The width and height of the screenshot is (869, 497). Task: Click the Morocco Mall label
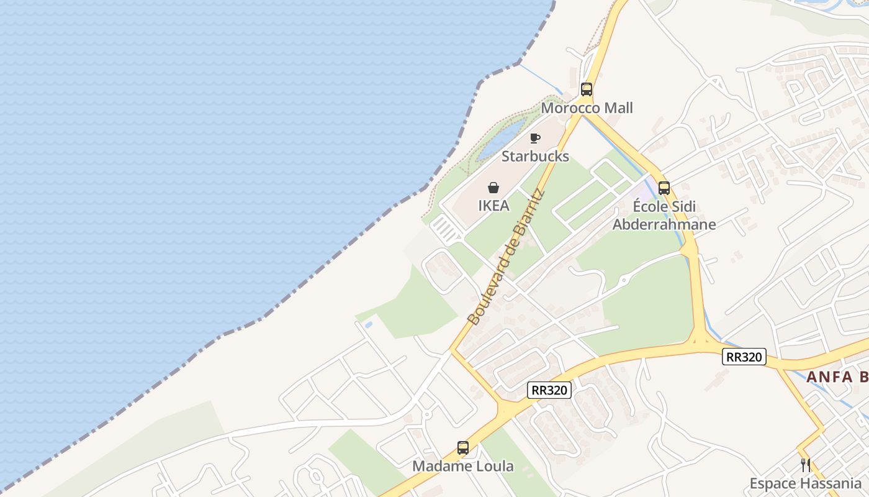(x=587, y=108)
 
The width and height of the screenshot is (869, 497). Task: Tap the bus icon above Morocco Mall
(x=587, y=89)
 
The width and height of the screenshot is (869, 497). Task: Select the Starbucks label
(x=535, y=156)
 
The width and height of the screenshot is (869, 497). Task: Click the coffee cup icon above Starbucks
(x=535, y=138)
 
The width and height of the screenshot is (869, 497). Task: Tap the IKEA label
(x=493, y=206)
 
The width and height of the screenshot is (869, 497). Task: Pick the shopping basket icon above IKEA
(x=493, y=188)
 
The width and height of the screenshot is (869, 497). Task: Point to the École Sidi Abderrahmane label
(x=664, y=216)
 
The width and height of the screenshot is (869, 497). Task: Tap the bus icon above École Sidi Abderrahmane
(x=664, y=188)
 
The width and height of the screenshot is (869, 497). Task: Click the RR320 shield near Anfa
(x=744, y=357)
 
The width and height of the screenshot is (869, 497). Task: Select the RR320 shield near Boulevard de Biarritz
(x=549, y=390)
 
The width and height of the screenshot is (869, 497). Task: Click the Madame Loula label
(x=463, y=466)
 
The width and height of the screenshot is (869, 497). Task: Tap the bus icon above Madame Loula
(x=463, y=447)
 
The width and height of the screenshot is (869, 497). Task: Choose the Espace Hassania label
(x=805, y=483)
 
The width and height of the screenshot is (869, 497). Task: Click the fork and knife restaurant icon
(x=805, y=465)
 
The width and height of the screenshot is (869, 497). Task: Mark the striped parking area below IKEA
(x=446, y=229)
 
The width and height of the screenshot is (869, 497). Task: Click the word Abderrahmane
(x=664, y=224)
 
